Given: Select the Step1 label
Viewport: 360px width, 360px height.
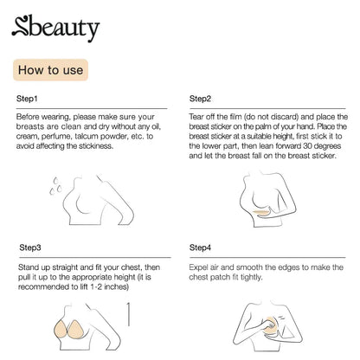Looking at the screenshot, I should (29, 100).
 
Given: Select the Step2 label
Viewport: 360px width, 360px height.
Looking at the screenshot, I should (200, 100).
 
